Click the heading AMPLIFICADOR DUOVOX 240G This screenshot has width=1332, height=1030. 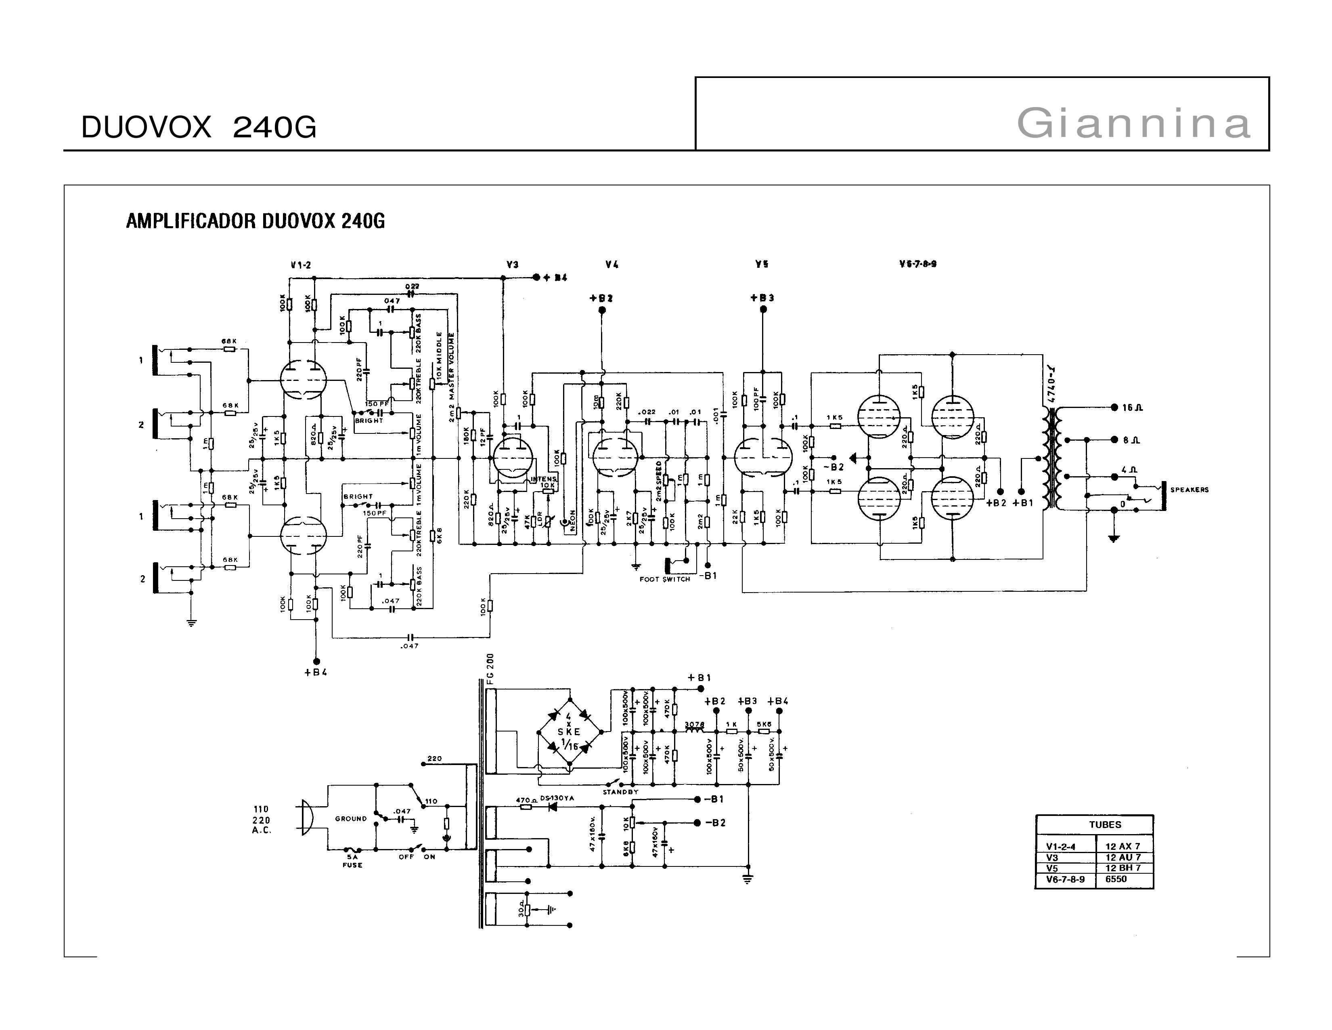255,221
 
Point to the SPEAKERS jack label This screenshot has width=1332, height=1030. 1189,490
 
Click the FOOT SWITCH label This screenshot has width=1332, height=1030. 664,579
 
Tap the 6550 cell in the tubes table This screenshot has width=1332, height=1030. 1116,879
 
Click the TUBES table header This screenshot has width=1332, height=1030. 1105,824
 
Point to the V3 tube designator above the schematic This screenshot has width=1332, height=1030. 512,265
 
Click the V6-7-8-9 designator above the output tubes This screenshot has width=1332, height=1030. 918,264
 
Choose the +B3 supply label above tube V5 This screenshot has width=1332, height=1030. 762,298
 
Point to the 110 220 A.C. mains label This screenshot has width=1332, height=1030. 261,820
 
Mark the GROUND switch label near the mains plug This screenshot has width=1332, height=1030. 351,819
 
